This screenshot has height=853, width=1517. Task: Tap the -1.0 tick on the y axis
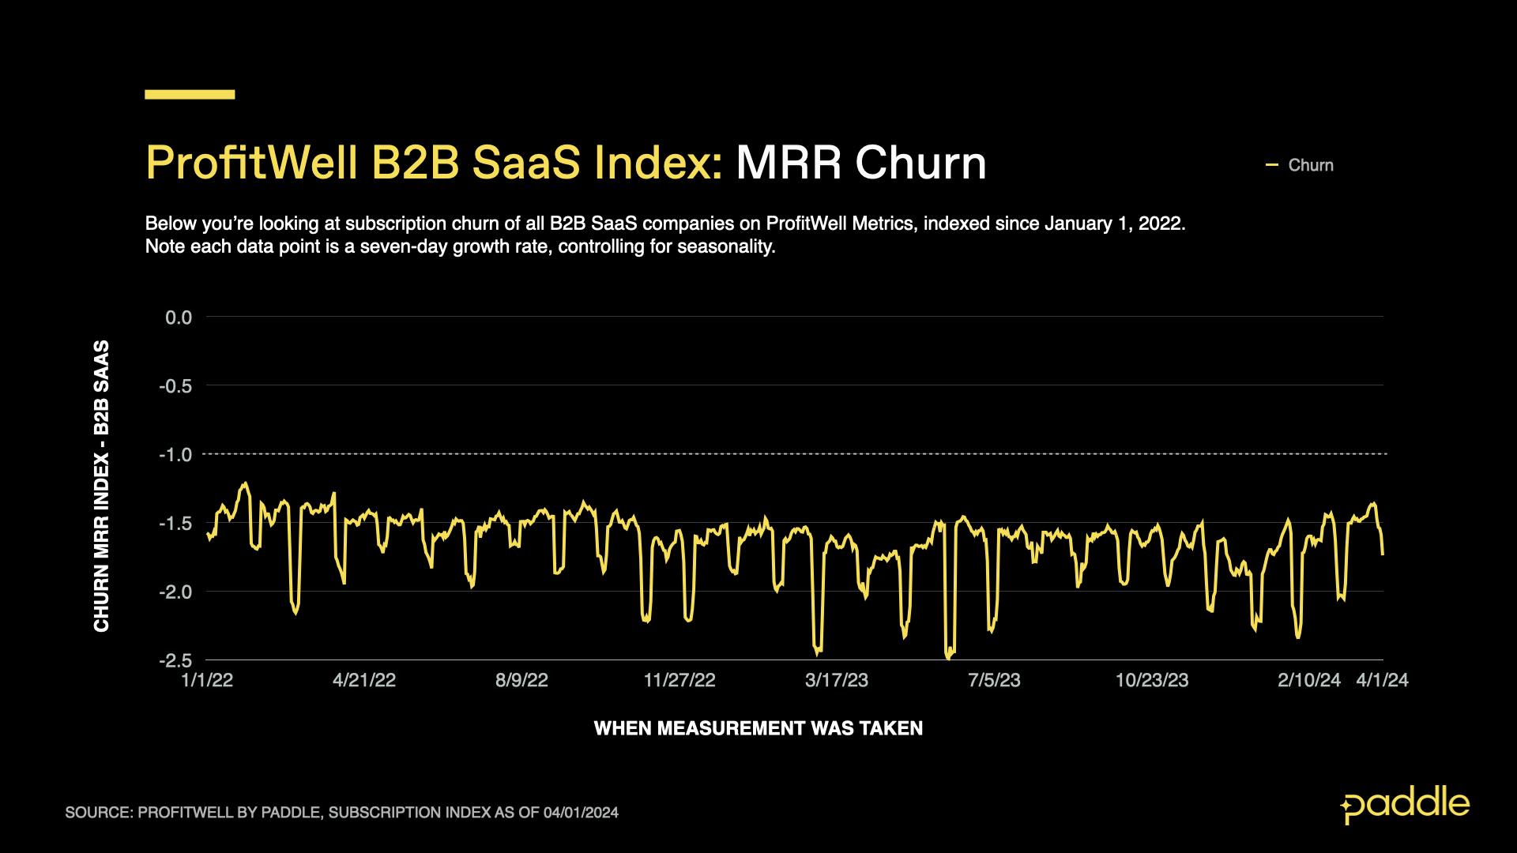(x=175, y=455)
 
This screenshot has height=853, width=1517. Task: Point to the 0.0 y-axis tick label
(x=179, y=318)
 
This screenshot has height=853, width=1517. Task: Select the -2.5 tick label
(x=175, y=660)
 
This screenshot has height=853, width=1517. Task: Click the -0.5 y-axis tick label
(x=175, y=386)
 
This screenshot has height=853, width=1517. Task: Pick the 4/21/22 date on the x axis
(x=364, y=681)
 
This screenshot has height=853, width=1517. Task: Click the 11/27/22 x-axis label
(x=679, y=681)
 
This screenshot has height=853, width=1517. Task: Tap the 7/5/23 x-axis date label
(x=994, y=681)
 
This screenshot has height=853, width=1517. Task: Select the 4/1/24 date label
(x=1382, y=681)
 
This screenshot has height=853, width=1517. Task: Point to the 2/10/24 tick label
(x=1308, y=681)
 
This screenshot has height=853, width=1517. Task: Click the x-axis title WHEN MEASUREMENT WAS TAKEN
(x=758, y=728)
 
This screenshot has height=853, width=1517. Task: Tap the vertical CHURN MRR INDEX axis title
(x=102, y=486)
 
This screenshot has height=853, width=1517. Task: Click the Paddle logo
(x=1405, y=805)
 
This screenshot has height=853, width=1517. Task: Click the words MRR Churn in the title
(x=860, y=163)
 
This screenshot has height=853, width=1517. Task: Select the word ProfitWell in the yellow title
(x=252, y=163)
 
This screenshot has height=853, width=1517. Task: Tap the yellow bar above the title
(x=190, y=95)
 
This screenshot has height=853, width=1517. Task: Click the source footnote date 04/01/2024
(x=581, y=813)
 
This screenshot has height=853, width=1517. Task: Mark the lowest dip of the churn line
(x=948, y=657)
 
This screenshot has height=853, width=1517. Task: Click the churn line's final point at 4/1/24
(x=1383, y=554)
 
